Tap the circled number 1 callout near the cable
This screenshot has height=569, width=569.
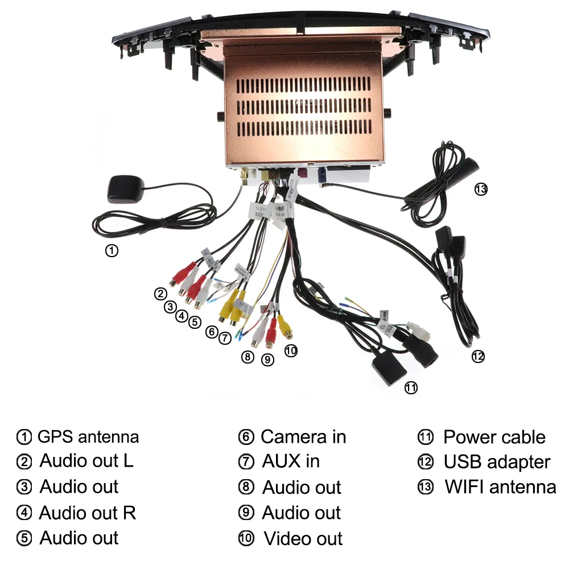click(113, 250)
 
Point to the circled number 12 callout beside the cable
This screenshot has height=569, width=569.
click(478, 356)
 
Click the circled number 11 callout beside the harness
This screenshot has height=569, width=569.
click(411, 388)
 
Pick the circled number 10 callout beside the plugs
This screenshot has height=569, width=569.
click(291, 351)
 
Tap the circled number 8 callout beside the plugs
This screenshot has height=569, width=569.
click(247, 357)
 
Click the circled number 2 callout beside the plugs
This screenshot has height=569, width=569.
click(160, 294)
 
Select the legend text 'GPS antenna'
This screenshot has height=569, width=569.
click(88, 437)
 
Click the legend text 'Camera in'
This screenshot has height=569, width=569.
click(303, 437)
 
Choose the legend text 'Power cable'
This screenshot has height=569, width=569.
click(494, 437)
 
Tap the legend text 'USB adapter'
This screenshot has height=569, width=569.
click(497, 462)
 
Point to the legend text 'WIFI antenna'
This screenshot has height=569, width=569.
click(500, 487)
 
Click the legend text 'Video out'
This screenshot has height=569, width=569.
click(303, 538)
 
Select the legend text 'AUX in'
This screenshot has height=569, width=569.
click(291, 461)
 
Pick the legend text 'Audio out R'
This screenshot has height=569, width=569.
click(88, 513)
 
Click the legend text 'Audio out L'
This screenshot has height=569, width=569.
click(86, 460)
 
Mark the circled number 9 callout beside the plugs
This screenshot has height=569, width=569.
click(267, 360)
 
